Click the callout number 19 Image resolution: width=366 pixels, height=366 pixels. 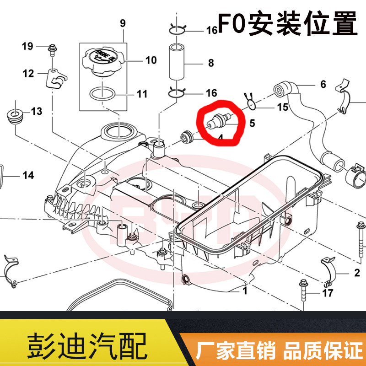27,46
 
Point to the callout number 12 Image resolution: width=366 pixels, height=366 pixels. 28,73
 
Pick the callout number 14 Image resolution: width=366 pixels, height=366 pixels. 28,174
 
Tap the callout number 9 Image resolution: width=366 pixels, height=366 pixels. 122,22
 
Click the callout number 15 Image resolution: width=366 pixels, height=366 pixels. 283,108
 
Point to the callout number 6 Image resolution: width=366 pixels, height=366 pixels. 323,84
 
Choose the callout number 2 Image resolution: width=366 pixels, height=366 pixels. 357,274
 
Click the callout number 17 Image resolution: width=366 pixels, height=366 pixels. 328,293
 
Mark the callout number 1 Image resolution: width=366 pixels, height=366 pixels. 245,290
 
